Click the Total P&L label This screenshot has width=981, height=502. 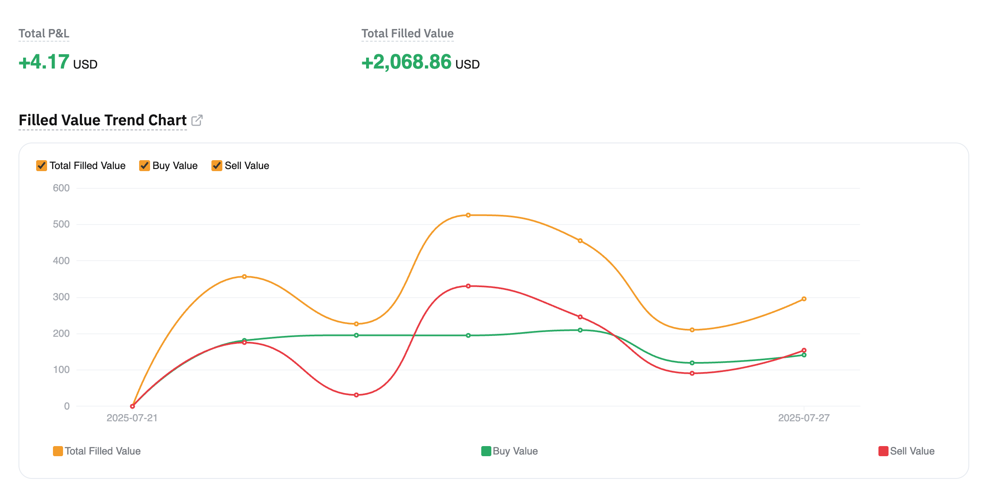[x=44, y=34]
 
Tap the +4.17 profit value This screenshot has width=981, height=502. [x=44, y=62]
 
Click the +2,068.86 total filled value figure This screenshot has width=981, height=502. [x=406, y=62]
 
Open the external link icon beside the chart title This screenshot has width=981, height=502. [x=197, y=120]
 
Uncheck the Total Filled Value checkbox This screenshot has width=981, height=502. [x=42, y=166]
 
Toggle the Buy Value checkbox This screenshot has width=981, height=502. [x=145, y=166]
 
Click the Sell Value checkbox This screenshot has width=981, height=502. [x=217, y=166]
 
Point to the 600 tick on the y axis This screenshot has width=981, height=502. [x=61, y=188]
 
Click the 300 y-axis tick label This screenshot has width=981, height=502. [x=61, y=297]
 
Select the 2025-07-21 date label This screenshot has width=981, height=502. [x=132, y=418]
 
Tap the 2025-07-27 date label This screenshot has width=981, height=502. [x=804, y=418]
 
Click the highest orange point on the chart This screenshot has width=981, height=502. [x=468, y=215]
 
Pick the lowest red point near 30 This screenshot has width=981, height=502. [x=356, y=395]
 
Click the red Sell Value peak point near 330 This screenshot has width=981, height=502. [x=468, y=286]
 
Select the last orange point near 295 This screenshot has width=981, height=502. [x=804, y=299]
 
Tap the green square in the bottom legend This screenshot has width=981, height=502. [x=486, y=451]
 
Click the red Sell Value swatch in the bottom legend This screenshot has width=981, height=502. [x=883, y=451]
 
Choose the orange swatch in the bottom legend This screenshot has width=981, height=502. [x=58, y=451]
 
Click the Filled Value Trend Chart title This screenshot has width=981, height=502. [x=103, y=120]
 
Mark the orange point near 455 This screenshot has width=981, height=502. [x=580, y=241]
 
